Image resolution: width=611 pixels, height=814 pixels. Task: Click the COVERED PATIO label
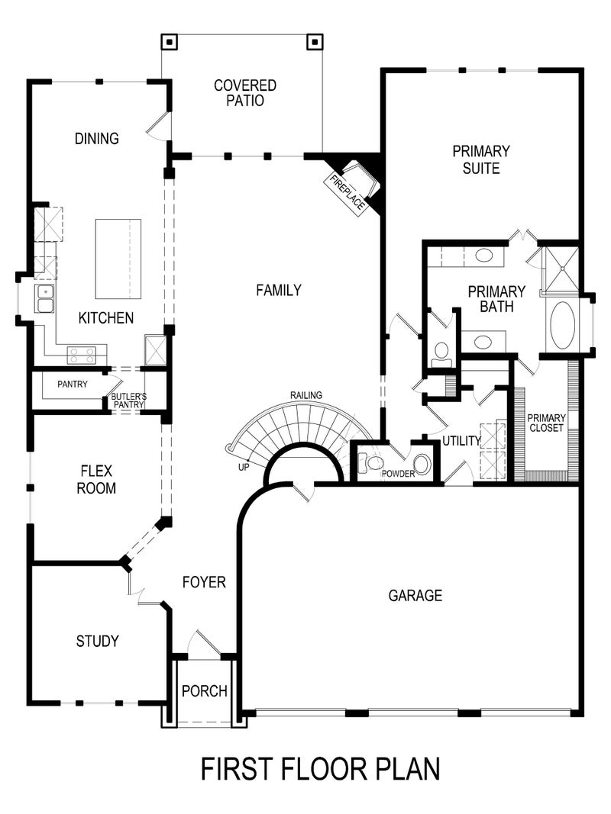(x=244, y=92)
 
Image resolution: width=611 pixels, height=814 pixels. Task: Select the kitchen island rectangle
(x=118, y=259)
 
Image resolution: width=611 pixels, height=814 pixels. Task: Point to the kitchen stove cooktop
(x=81, y=355)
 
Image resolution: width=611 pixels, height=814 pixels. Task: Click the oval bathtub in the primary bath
(x=563, y=326)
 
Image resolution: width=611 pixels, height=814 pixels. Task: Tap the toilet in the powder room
(x=373, y=462)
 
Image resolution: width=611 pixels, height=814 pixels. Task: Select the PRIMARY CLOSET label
(x=546, y=423)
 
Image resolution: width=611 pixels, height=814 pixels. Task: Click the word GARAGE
(x=415, y=595)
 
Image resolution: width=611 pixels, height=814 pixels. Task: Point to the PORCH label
(x=205, y=691)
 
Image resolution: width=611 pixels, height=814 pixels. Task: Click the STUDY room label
(x=97, y=641)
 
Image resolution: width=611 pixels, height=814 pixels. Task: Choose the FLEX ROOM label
(x=96, y=480)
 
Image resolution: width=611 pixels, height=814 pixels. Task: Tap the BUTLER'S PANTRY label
(x=128, y=401)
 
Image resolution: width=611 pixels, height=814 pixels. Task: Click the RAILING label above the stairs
(x=305, y=394)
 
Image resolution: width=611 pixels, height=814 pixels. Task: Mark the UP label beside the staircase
(x=243, y=466)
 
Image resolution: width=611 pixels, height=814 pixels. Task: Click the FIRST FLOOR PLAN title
(x=320, y=768)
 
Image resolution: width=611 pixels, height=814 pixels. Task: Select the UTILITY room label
(x=461, y=441)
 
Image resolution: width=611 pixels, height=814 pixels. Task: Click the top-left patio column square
(x=170, y=41)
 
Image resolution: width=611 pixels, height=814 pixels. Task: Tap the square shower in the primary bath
(x=560, y=270)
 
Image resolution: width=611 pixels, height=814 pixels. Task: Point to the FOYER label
(x=204, y=582)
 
